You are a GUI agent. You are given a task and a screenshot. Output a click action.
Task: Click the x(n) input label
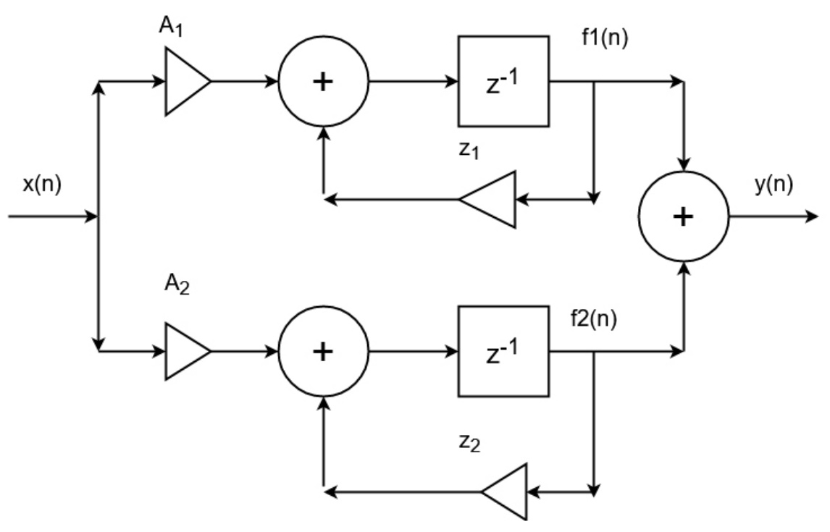pos(42,185)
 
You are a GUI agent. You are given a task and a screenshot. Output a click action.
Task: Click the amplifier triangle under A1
pos(184,81)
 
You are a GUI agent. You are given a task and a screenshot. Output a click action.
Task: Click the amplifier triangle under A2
pos(184,351)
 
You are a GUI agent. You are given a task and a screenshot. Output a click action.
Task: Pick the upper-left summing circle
pos(322,81)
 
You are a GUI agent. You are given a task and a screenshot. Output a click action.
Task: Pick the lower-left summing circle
pos(322,351)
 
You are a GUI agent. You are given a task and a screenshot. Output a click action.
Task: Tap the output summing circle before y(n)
pos(682,216)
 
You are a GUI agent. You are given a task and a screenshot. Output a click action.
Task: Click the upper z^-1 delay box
pos(503,81)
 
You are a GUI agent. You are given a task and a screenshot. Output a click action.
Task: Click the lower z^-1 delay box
pos(503,351)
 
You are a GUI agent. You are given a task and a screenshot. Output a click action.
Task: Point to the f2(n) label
pos(593,318)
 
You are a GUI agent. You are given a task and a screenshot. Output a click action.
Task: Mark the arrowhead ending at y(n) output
pos(811,216)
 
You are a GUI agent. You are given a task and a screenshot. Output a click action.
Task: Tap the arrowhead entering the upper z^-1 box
pos(451,81)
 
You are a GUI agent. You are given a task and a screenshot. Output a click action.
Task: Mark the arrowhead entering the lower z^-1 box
pos(451,351)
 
